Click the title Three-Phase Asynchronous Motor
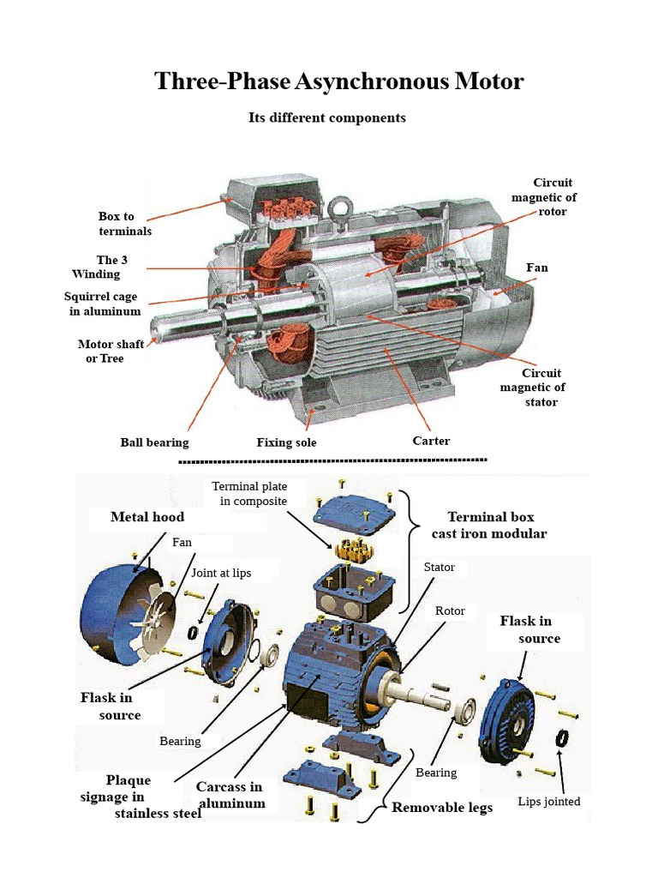pyautogui.click(x=338, y=81)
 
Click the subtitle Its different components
pyautogui.click(x=326, y=117)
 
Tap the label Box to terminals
pyautogui.click(x=125, y=224)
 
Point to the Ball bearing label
pyautogui.click(x=154, y=442)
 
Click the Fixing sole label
pyautogui.click(x=286, y=442)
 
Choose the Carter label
pyautogui.click(x=431, y=441)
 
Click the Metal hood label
pyautogui.click(x=147, y=517)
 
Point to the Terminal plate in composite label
pyautogui.click(x=249, y=494)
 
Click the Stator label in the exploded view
pyautogui.click(x=440, y=568)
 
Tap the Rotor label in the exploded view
pyautogui.click(x=450, y=610)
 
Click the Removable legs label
pyautogui.click(x=442, y=808)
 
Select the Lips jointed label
pyautogui.click(x=549, y=802)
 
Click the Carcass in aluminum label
pyautogui.click(x=230, y=795)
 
